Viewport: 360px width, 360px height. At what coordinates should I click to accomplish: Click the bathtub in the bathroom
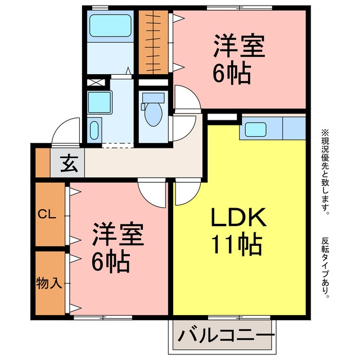coord(110,25)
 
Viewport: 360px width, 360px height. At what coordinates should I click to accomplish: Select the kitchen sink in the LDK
coord(255,129)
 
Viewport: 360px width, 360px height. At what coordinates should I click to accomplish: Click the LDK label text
coord(238,217)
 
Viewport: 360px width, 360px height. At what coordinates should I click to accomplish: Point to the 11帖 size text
coord(236,245)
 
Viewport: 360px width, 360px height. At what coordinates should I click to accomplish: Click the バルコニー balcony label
coord(226,336)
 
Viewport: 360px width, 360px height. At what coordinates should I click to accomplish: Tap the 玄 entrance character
coord(69,164)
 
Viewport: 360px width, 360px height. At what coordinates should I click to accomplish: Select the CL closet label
coord(47,214)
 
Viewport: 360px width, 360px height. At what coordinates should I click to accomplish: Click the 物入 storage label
coord(49,282)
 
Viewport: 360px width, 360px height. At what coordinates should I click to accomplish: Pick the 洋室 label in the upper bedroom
coord(239,46)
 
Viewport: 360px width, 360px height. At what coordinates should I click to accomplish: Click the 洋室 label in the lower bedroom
coord(118,234)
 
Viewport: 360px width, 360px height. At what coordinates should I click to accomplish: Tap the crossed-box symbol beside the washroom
coord(96,83)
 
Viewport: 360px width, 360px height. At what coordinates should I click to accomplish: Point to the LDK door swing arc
coord(192,199)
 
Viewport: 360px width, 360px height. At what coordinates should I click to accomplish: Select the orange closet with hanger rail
coord(154,42)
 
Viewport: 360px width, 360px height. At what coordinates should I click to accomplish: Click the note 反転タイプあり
coord(325,268)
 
